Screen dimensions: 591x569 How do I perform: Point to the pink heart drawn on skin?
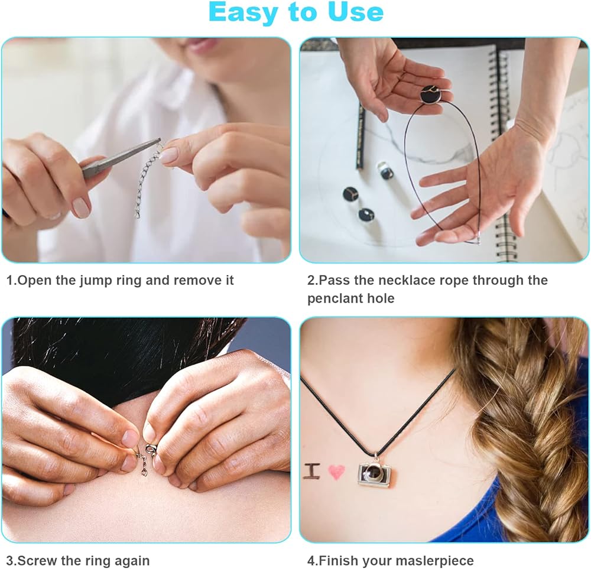[336, 472]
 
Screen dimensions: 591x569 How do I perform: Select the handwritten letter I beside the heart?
[312, 472]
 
